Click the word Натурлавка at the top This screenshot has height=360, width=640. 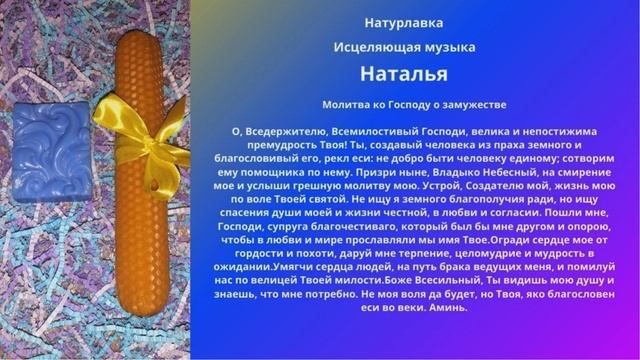tap(404, 21)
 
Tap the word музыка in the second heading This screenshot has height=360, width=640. tap(447, 47)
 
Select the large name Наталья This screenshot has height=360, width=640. tap(404, 74)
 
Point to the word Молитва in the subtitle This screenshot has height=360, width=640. tap(346, 104)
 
